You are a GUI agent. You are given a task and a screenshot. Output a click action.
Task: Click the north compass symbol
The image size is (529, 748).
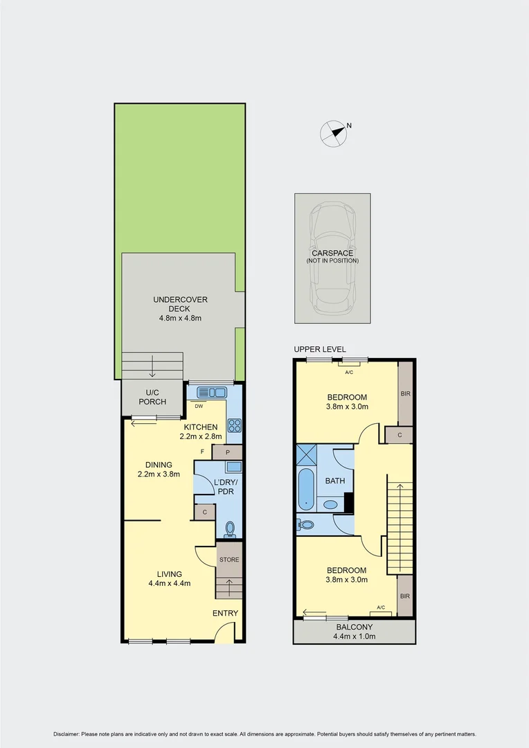(x=334, y=134)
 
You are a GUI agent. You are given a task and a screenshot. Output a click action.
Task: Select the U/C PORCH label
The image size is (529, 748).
(x=152, y=398)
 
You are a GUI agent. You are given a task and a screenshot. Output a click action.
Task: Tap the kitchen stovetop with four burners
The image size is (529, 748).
(x=234, y=426)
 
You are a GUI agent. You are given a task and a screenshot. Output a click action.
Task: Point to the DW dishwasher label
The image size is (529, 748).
(x=198, y=407)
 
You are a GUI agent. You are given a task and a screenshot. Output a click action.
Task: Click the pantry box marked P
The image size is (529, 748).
(x=227, y=452)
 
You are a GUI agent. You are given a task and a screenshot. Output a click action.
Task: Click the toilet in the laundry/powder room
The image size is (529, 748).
(x=231, y=530)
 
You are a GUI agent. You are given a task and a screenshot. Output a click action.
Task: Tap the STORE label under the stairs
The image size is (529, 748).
(x=229, y=560)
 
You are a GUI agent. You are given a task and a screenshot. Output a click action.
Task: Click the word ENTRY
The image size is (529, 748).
(x=225, y=613)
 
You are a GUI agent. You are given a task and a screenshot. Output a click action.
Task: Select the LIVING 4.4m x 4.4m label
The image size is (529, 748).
(x=169, y=578)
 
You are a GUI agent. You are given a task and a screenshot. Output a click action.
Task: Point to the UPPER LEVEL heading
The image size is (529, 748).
(x=320, y=349)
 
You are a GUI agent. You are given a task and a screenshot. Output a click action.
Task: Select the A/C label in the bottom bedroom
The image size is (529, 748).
(x=381, y=607)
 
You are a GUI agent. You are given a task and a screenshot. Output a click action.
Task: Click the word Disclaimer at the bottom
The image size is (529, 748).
(x=66, y=734)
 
